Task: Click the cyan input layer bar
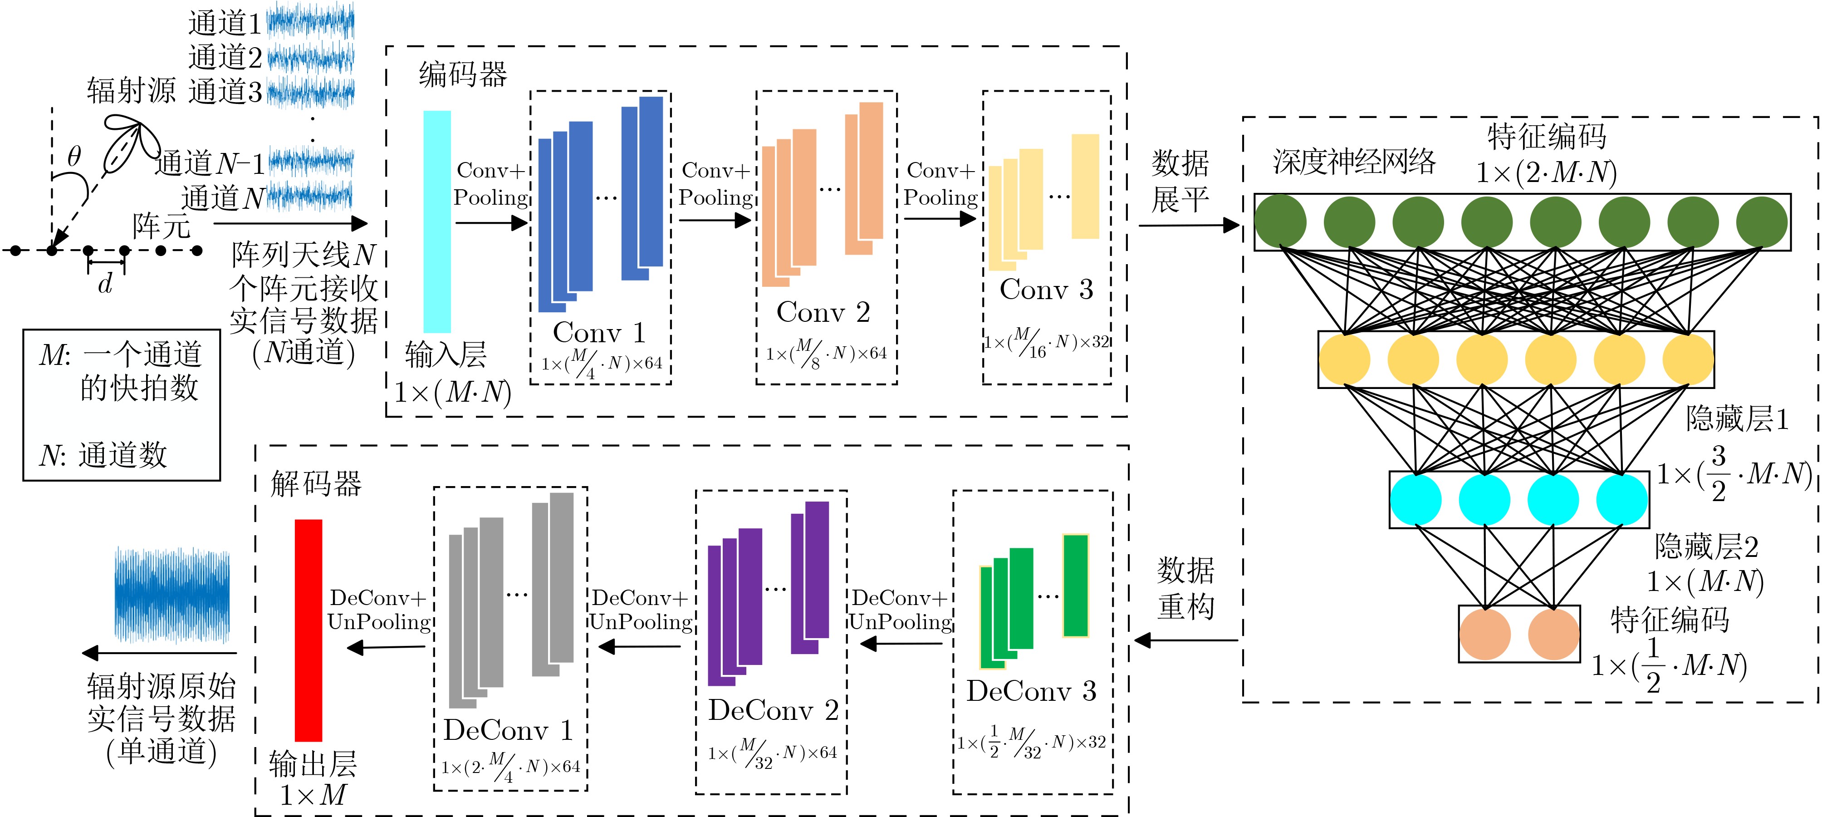(436, 221)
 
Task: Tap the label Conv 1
(598, 332)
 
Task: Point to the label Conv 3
(1046, 289)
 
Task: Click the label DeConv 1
(508, 730)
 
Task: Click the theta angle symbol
(73, 156)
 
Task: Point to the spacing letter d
(105, 284)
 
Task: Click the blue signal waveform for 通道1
(310, 21)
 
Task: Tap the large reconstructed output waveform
(172, 594)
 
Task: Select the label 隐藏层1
(1736, 419)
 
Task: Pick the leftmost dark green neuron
(1280, 221)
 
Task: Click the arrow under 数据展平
(1188, 226)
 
